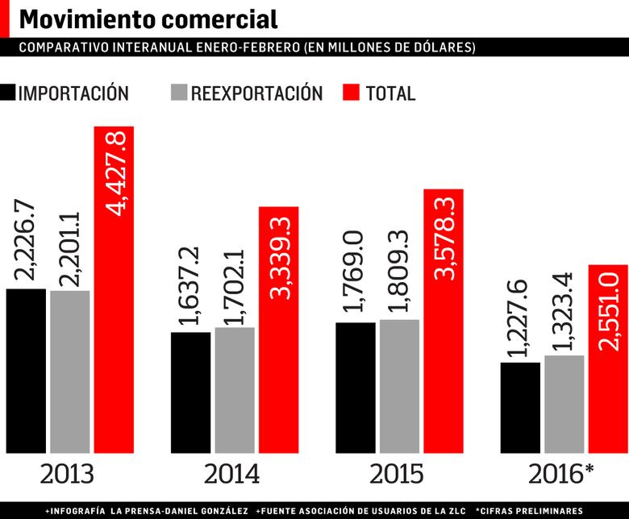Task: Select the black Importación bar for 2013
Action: point(26,371)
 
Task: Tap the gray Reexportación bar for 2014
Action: point(235,391)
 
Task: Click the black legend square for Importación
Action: point(8,93)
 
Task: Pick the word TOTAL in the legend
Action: point(390,93)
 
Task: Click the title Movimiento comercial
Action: point(148,19)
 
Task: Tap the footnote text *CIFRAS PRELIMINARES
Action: point(528,511)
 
